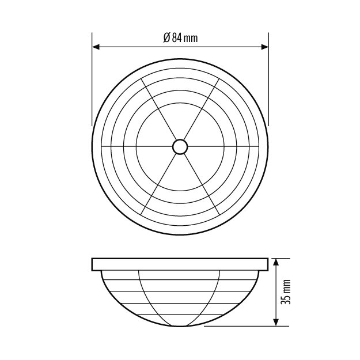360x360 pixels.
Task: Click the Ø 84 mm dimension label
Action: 180,38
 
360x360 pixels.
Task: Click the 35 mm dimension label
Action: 286,292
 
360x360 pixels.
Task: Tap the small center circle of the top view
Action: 180,146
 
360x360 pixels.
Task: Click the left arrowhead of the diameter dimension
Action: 96,47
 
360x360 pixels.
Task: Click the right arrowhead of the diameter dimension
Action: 265,47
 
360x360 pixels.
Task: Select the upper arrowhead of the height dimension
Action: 276,262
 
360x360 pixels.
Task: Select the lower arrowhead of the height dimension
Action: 276,322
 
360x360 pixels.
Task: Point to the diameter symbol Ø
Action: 166,38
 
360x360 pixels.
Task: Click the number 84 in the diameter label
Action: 177,38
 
